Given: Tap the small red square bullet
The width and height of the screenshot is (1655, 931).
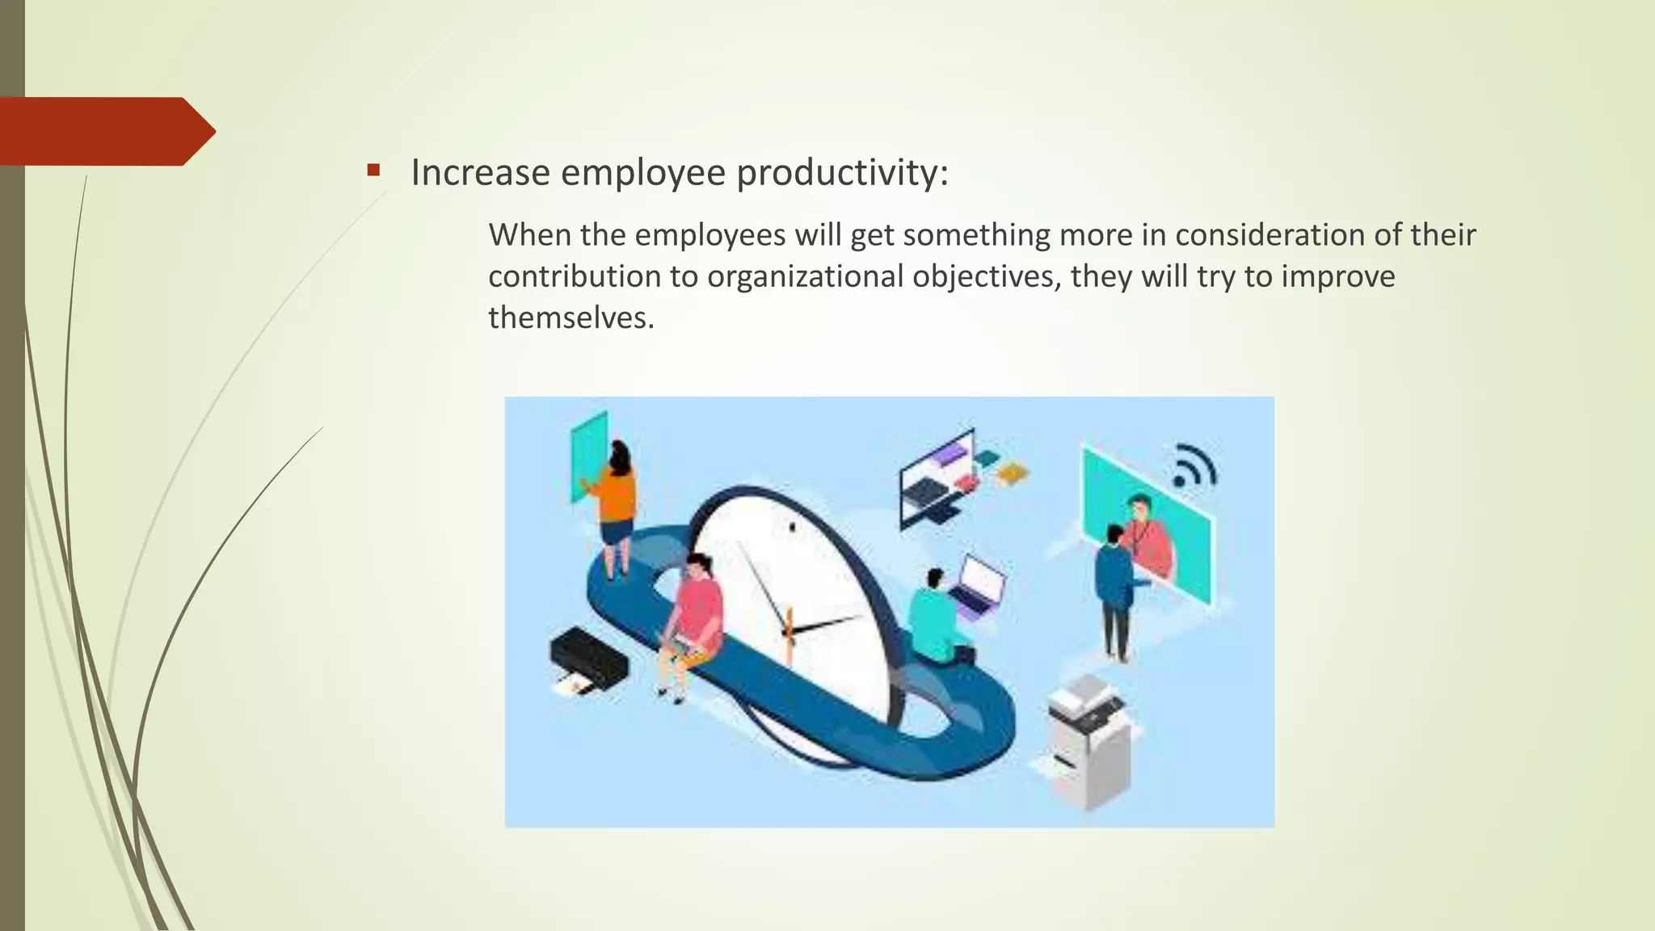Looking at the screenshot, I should tap(373, 170).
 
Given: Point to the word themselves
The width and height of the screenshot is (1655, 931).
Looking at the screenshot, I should tap(571, 318).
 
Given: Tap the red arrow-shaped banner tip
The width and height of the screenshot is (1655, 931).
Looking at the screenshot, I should tap(198, 131).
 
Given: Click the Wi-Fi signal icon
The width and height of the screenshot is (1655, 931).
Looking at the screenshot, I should tap(1194, 466).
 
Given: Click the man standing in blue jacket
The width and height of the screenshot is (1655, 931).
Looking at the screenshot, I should tap(1114, 590).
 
